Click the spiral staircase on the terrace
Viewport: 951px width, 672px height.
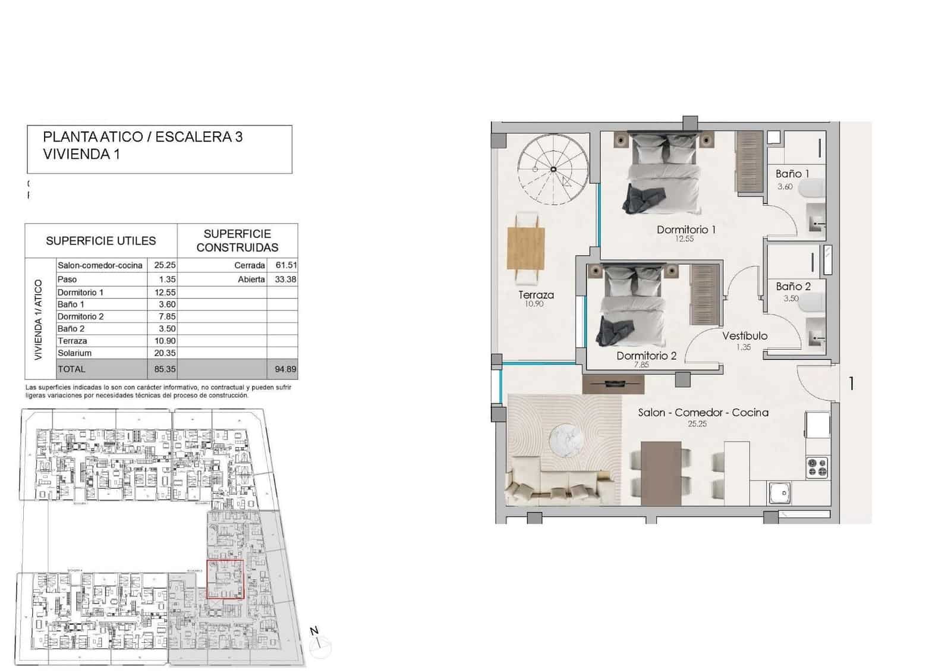pos(553,170)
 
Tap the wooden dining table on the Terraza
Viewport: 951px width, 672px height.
pos(527,248)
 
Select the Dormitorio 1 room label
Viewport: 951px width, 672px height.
pos(686,230)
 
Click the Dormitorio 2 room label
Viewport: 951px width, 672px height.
pos(646,356)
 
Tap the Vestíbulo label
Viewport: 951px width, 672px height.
pos(744,336)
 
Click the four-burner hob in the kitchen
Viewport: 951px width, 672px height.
pos(817,467)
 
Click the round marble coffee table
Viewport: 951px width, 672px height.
pos(565,439)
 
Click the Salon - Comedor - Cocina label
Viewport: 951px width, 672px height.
pos(703,413)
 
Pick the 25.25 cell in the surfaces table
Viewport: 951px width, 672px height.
pos(165,265)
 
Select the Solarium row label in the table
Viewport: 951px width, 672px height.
pos(75,353)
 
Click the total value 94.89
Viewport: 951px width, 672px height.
pos(285,369)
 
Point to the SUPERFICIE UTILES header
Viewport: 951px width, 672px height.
pos(100,241)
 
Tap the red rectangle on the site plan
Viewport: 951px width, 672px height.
pos(225,579)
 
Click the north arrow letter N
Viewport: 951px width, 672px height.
pos(314,632)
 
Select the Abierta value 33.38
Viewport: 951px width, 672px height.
pos(285,280)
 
